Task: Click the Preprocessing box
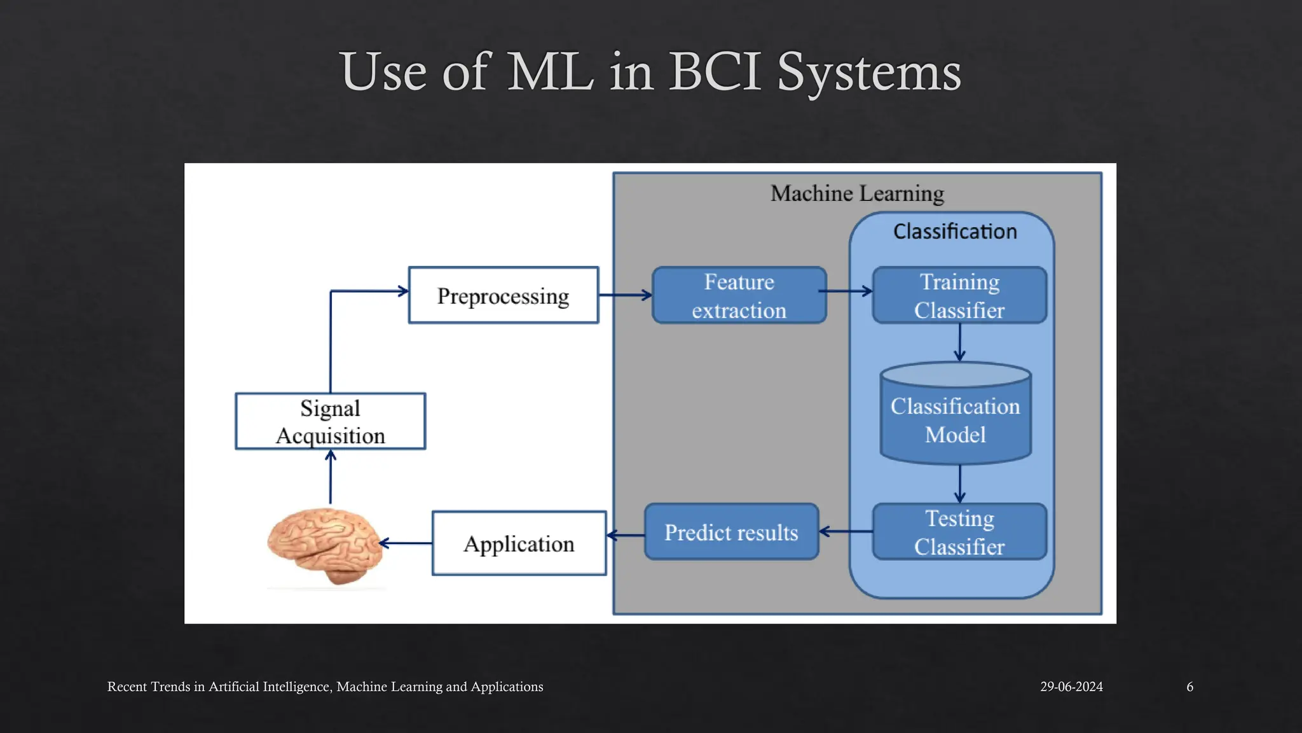[503, 295]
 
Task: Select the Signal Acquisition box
[330, 421]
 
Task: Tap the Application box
[519, 543]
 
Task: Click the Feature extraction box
[739, 295]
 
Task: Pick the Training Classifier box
[959, 295]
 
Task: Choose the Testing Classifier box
[959, 532]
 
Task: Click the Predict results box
[731, 532]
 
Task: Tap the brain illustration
[324, 545]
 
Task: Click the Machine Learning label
[857, 193]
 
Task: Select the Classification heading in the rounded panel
[955, 232]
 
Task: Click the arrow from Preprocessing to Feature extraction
[625, 295]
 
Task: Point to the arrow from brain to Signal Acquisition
[330, 477]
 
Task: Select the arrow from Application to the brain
[406, 543]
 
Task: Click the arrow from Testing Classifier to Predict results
[846, 531]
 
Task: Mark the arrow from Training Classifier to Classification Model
[959, 342]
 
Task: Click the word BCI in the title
[715, 71]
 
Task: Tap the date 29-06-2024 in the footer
[1071, 687]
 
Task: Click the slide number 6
[1189, 687]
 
